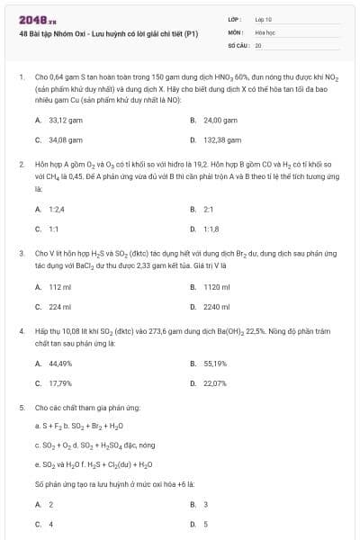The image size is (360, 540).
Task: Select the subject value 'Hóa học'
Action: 265,31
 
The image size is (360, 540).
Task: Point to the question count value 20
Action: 258,44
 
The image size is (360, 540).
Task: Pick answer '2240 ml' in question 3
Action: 217,307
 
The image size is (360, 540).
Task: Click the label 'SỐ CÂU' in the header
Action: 238,44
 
